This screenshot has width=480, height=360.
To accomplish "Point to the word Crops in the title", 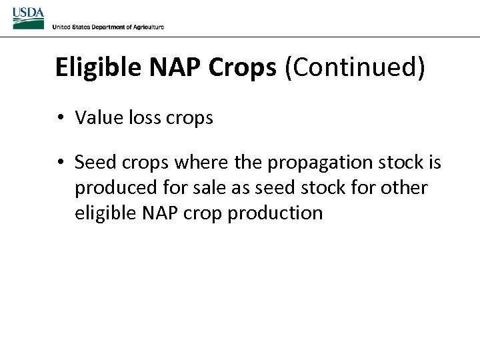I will click(x=243, y=68).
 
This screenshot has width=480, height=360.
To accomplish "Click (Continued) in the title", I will click(x=354, y=68).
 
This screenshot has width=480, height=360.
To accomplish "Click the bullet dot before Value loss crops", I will click(x=60, y=118).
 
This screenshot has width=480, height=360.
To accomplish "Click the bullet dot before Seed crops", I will click(x=60, y=163).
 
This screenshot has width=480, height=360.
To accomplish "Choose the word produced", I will click(x=111, y=189).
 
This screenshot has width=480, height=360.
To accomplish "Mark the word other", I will click(x=404, y=188).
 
